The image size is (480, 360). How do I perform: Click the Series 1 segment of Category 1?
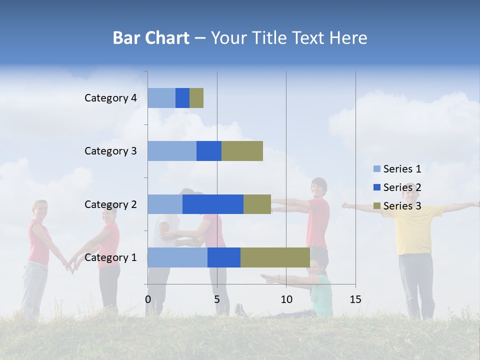177,257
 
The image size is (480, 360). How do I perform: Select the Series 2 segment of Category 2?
212,204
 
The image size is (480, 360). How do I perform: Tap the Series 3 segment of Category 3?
242,151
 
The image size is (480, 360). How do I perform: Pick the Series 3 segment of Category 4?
196,98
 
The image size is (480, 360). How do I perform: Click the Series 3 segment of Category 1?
275,257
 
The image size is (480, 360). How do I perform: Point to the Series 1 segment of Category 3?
171,151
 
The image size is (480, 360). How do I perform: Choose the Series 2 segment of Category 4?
182,98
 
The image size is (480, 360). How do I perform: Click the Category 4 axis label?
110,98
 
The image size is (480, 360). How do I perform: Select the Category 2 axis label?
110,204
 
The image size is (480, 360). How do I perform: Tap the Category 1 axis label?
110,257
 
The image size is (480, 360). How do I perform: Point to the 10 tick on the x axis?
286,299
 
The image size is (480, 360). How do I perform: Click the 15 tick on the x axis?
355,299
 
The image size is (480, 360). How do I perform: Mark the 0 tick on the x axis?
148,299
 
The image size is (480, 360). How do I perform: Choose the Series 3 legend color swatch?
376,206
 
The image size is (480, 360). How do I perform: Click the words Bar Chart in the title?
151,38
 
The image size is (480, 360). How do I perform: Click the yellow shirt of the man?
413,230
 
